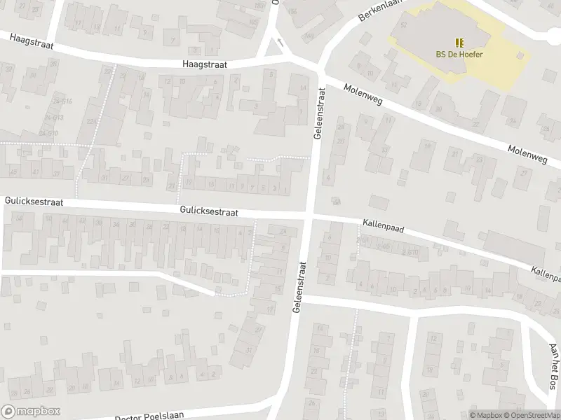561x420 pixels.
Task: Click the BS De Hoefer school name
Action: [459, 55]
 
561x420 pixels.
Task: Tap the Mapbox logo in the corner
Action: [30, 411]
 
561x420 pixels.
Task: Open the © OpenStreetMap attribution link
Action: [530, 415]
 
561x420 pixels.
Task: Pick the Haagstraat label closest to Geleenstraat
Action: [205, 64]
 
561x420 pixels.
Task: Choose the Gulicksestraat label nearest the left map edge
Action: [34, 202]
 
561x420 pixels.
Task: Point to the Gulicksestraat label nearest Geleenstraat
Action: [208, 211]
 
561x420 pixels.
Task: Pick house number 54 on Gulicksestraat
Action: [20, 220]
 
